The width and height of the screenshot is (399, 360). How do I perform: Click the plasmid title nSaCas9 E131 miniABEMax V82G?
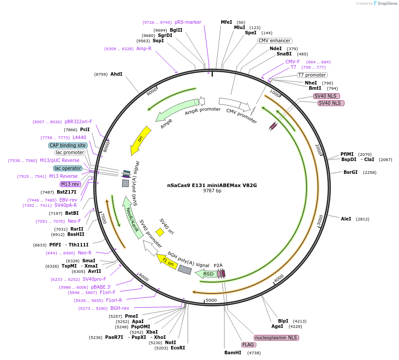point(212,185)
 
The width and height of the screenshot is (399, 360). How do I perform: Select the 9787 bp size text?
point(212,191)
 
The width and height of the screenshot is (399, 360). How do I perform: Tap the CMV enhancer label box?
point(274,41)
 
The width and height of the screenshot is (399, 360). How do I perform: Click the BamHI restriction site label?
point(233,353)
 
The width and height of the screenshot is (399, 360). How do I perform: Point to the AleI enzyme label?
point(346,219)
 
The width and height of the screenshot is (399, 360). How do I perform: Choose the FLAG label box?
point(248,345)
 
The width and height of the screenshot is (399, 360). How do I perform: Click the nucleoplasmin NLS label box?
point(276,338)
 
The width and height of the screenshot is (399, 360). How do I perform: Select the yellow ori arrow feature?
point(140,140)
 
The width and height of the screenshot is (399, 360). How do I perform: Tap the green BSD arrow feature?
point(207,274)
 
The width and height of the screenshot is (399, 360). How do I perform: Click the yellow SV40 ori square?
point(160,232)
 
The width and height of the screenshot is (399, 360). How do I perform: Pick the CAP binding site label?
point(68,145)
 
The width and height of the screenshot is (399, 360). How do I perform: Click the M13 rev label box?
point(70,184)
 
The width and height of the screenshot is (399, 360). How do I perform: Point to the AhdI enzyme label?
point(116,74)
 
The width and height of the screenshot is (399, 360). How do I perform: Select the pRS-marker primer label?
point(188,22)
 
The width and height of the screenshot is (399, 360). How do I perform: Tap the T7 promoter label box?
point(312,75)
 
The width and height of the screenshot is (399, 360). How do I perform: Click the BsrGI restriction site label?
point(351,172)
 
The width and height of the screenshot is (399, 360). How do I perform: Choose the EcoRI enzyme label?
point(178,348)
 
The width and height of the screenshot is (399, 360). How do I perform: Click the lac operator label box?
point(68,168)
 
